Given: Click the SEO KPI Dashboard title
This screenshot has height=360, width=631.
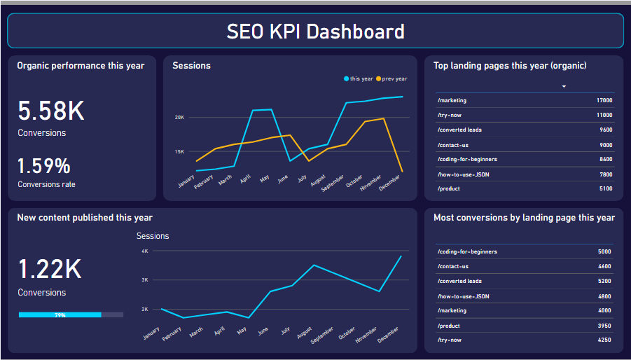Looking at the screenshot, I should [x=315, y=32].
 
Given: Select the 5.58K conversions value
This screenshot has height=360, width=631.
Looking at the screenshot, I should [x=51, y=111].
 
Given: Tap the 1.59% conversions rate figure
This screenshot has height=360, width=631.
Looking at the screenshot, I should [x=44, y=166].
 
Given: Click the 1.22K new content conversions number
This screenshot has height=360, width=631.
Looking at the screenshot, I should [x=50, y=270].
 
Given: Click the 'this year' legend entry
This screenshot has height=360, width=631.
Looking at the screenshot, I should [x=359, y=79].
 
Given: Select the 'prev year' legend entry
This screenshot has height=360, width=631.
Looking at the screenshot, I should [x=391, y=79].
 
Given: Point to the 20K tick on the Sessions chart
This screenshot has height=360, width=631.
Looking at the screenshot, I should [x=180, y=118].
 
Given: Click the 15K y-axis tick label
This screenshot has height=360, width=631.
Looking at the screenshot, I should [x=180, y=151].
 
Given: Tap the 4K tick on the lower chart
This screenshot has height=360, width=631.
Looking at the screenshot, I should [x=145, y=251].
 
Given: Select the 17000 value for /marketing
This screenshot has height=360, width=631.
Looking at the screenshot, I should [x=604, y=101].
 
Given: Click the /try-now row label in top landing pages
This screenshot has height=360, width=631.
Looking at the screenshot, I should [x=450, y=116].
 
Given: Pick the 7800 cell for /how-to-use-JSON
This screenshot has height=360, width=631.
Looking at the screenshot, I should [x=606, y=174].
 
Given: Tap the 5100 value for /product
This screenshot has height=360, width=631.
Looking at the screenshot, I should [x=606, y=189].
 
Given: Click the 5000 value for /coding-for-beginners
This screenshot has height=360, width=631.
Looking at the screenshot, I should [x=604, y=252].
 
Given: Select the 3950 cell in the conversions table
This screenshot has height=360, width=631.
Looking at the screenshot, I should [x=604, y=326].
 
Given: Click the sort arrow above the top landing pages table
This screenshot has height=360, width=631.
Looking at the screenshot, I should [x=564, y=87].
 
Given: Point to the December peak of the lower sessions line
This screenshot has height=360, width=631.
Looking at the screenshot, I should [x=401, y=256].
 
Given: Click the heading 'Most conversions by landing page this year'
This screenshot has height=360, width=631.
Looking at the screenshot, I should [x=524, y=218].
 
